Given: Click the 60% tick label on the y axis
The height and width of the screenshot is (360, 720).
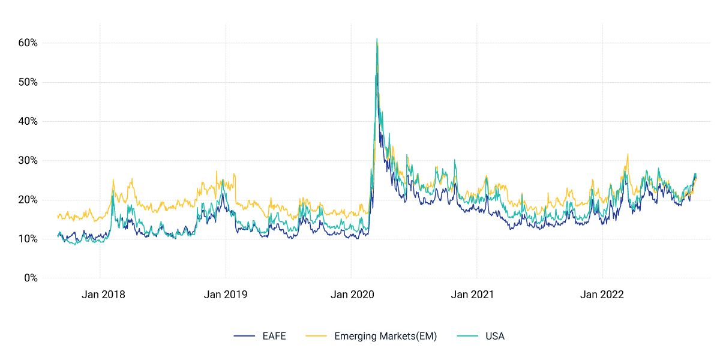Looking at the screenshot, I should click(27, 43).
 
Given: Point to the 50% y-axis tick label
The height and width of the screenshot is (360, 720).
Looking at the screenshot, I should click(27, 82).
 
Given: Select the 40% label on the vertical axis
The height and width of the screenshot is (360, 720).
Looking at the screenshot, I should click(27, 121).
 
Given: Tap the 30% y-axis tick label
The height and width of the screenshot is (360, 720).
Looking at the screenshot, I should click(27, 161).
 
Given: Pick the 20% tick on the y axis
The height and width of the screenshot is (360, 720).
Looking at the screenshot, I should click(27, 200).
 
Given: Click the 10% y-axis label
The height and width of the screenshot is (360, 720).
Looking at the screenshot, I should click(27, 239).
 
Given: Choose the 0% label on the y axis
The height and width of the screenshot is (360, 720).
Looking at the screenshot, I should click(30, 278).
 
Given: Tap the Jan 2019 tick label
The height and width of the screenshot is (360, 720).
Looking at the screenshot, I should click(226, 295).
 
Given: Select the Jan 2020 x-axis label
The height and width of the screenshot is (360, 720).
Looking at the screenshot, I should click(352, 295).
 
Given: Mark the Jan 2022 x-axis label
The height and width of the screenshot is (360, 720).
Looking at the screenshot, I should click(602, 295).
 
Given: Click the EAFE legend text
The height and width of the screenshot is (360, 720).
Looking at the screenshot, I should click(274, 336).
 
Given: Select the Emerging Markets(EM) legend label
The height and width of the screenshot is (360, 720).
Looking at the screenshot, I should click(385, 336).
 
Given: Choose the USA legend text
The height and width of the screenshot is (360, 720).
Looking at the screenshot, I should click(495, 336).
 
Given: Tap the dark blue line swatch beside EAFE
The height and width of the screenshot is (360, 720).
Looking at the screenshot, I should click(245, 336).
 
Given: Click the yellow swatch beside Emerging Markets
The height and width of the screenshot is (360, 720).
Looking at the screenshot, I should click(317, 336).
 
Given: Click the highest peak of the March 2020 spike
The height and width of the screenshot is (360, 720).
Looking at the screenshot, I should click(377, 39).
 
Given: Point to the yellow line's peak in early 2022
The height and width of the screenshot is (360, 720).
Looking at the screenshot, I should click(628, 154).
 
